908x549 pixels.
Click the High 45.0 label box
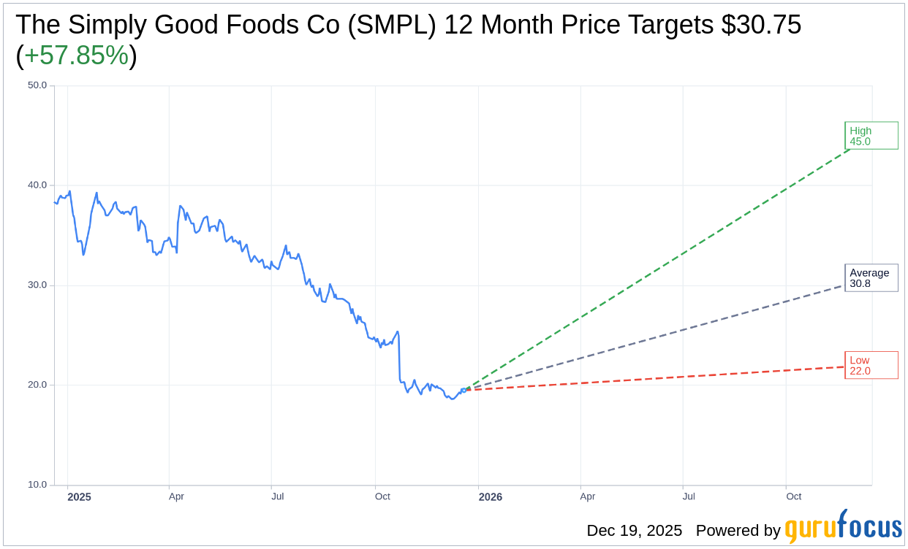(871, 136)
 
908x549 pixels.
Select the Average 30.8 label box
(871, 278)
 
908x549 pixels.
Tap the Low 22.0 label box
(871, 365)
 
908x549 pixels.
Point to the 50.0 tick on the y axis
(37, 85)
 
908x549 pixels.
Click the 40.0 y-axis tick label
(37, 185)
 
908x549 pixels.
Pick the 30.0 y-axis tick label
(37, 285)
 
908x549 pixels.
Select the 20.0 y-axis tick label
(37, 385)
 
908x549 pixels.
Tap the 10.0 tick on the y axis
(37, 485)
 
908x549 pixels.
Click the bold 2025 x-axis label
(79, 497)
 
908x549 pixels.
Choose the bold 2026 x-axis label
(491, 497)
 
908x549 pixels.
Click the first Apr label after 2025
(176, 496)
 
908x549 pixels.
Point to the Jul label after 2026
(689, 496)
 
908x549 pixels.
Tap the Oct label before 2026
(382, 496)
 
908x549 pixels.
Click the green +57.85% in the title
(76, 55)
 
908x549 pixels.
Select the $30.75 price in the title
(761, 25)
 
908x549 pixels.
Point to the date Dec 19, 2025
(634, 531)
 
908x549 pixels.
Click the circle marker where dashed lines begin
(464, 390)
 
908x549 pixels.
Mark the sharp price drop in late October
(399, 358)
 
